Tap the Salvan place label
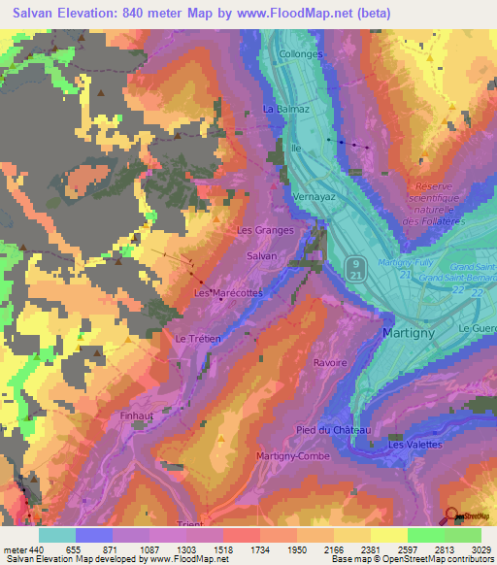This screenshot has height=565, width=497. (262, 255)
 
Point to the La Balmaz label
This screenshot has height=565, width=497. (286, 110)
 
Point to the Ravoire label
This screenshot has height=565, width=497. (330, 362)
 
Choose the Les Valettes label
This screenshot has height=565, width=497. (414, 444)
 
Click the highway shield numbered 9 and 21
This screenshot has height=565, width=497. (356, 269)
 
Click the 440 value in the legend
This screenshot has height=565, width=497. (37, 549)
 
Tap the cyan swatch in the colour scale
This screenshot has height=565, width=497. (57, 535)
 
